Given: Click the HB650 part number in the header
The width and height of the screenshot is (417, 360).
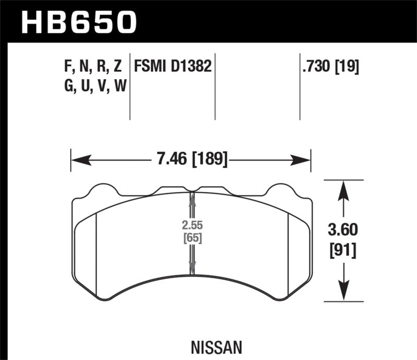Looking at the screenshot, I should point(78,22).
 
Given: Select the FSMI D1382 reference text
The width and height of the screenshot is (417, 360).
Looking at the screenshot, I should point(173,67).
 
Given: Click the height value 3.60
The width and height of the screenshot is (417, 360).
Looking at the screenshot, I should point(341,229).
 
